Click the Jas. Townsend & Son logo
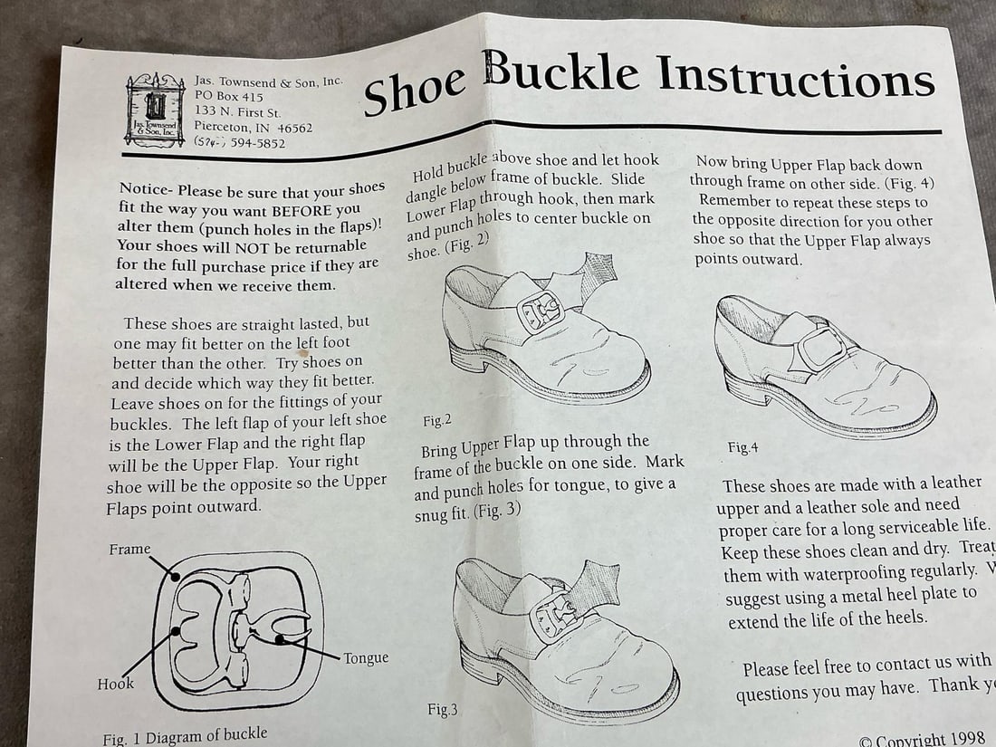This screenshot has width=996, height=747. [156, 109]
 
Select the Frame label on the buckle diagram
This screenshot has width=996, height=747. [129, 549]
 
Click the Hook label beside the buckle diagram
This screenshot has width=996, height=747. [115, 684]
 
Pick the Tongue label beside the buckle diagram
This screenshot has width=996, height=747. [367, 657]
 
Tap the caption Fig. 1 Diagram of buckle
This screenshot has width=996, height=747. [185, 736]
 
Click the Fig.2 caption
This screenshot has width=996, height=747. [437, 420]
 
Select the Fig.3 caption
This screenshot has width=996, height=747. [443, 709]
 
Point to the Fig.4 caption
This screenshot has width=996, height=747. [742, 447]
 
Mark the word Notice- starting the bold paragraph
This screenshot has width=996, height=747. [146, 189]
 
